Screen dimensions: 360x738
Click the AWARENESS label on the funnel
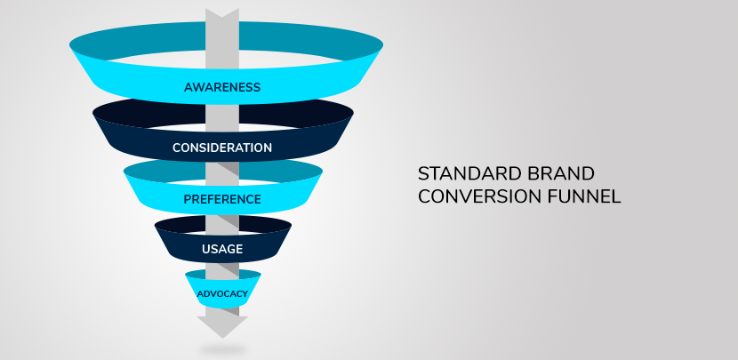point(222,87)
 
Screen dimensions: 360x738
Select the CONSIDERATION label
point(222,148)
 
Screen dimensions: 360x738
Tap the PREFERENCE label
point(222,199)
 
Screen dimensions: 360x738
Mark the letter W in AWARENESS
point(197,87)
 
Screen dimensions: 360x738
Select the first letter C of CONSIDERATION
point(177,148)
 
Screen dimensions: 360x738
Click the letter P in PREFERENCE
point(188,199)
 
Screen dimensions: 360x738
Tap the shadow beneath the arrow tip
point(222,350)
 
